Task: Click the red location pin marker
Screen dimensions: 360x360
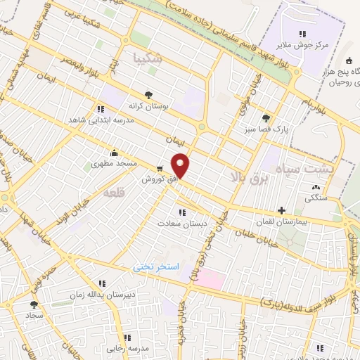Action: click(x=181, y=165)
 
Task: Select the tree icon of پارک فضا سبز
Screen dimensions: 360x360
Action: click(x=265, y=118)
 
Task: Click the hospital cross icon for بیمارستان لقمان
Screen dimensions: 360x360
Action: click(x=281, y=210)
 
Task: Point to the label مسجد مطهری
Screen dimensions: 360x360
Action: click(x=114, y=164)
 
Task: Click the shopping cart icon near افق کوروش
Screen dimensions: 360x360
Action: click(x=160, y=169)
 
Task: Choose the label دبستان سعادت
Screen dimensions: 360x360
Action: click(x=182, y=223)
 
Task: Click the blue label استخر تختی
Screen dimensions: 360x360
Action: click(x=157, y=267)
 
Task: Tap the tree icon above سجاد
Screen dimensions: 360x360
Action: click(x=34, y=304)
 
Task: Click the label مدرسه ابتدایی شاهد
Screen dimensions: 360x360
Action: click(x=91, y=120)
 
